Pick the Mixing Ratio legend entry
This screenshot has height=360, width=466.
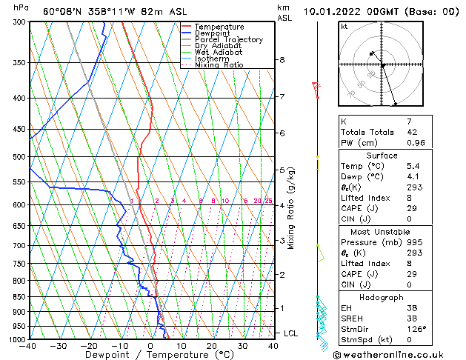219,65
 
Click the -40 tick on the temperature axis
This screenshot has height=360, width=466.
29,346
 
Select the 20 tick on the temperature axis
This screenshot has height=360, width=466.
212,346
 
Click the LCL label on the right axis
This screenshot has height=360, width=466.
291,333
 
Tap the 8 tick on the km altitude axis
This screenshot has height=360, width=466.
282,59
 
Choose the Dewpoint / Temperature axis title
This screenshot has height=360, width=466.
150,355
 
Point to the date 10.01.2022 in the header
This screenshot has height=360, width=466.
349,12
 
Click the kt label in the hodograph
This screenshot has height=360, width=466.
344,26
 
